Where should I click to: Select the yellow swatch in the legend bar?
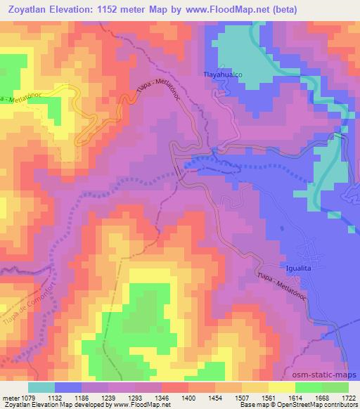pyautogui.click(x=281, y=387)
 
